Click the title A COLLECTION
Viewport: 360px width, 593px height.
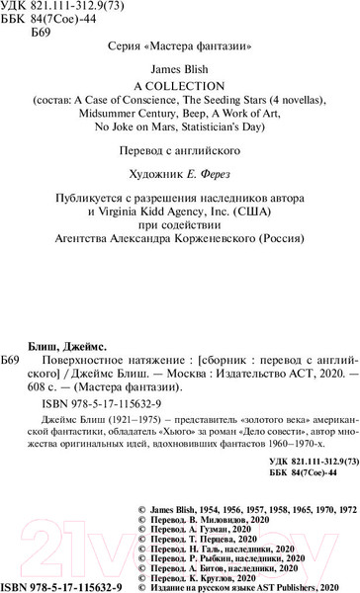pos(180,85)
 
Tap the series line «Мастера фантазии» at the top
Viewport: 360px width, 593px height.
pos(180,46)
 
